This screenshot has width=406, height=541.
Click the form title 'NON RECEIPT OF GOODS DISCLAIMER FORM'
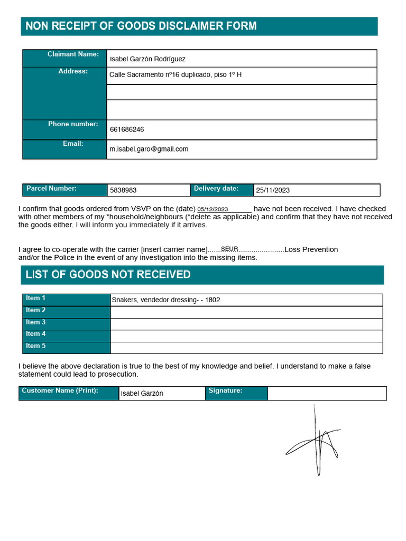coord(141,26)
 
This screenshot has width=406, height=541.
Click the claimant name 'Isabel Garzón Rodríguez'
coord(147,59)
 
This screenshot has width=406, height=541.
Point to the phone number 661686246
coord(127,129)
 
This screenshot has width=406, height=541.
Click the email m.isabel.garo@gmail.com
coord(149,149)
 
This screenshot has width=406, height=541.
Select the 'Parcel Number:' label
coord(52,189)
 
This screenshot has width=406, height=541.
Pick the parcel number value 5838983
coord(123,190)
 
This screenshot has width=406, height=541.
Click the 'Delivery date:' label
coord(216,189)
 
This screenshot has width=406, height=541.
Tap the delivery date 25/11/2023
coord(273,190)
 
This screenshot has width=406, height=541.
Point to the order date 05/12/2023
coord(213,209)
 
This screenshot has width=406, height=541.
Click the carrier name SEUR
coord(229,248)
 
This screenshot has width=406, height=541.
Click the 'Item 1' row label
coord(36,299)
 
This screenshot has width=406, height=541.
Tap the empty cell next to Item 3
coord(246,324)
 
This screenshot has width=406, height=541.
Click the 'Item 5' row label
coord(36,346)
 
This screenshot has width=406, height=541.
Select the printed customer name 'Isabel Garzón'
coord(142,394)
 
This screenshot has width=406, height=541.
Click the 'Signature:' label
coord(226,391)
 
